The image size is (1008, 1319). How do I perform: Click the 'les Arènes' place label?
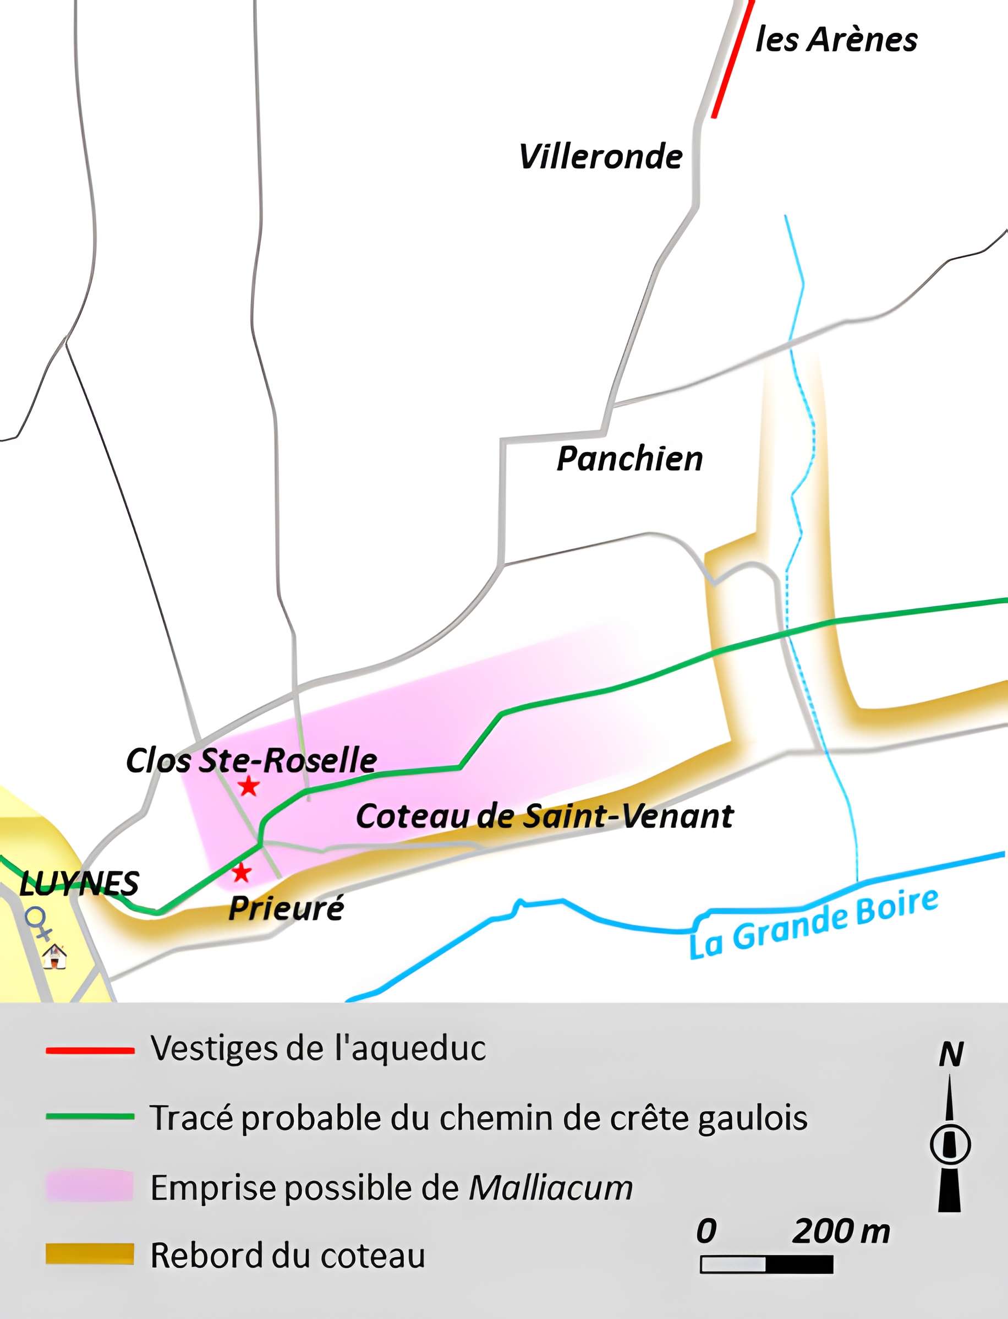point(836,40)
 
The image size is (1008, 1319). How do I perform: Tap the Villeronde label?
point(600,157)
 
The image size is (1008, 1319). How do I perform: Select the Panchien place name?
point(629,459)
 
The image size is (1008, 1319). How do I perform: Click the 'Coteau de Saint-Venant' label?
point(544,816)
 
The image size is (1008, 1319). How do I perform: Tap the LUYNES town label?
point(79,884)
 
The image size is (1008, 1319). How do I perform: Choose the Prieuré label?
point(286,908)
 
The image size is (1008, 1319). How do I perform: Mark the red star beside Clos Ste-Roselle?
point(248,786)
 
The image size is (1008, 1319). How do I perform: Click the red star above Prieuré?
point(241,873)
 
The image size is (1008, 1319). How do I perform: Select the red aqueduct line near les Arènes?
point(732,60)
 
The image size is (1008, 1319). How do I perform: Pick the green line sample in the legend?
point(90,1116)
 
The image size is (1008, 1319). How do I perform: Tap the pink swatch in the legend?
point(90,1186)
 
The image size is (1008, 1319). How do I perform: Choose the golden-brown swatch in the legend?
point(90,1253)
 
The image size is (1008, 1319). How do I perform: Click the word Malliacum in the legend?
point(550,1187)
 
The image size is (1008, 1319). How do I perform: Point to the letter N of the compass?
point(951,1055)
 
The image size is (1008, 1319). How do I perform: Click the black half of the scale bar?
point(799,1265)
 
